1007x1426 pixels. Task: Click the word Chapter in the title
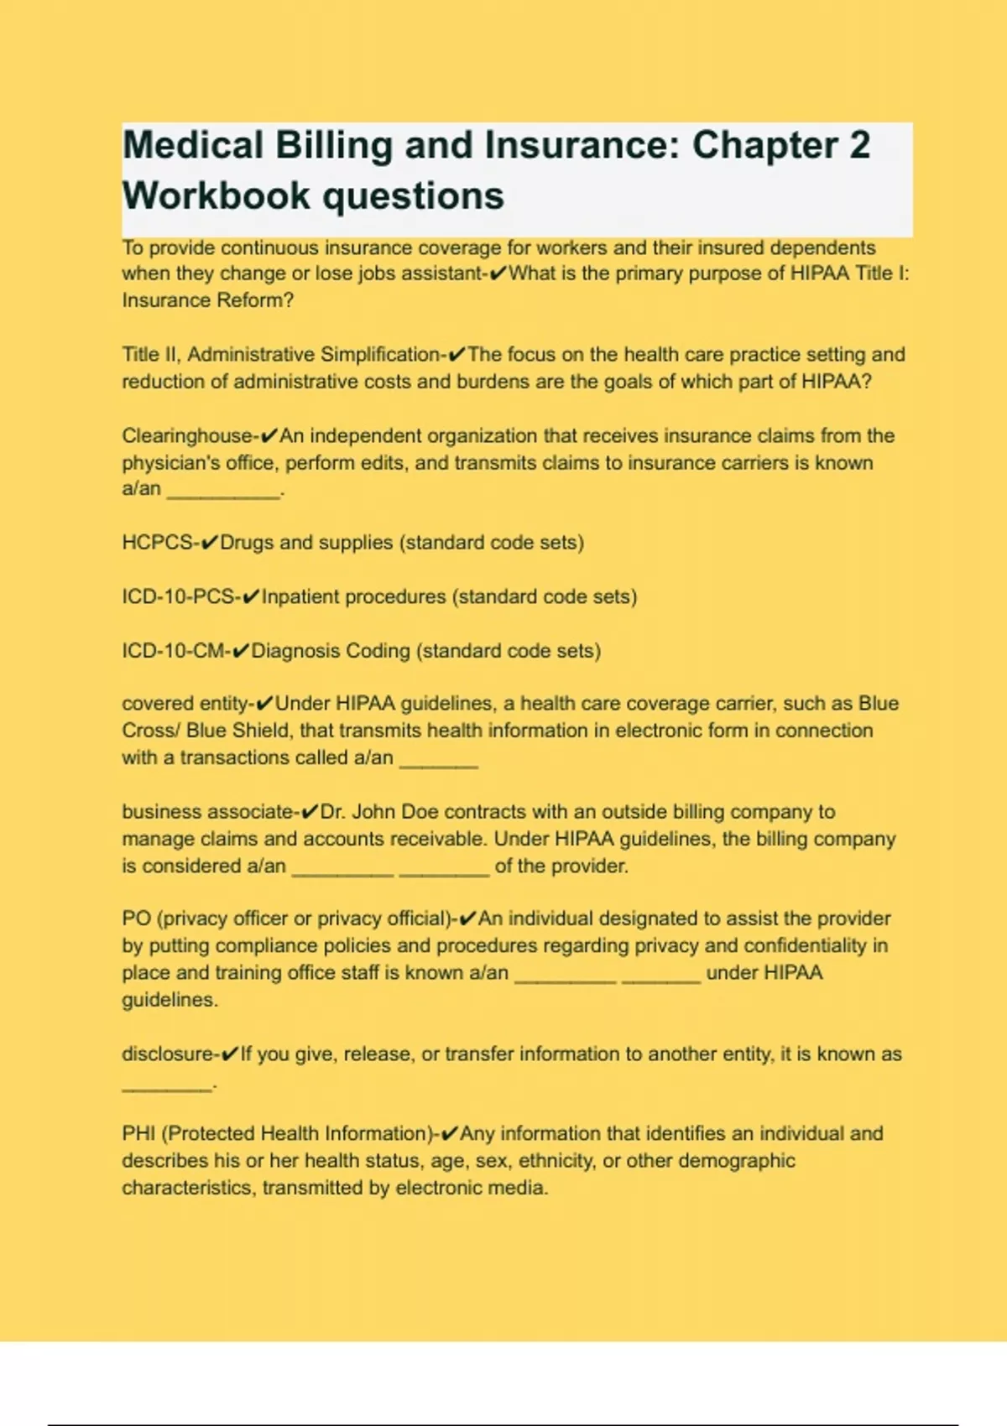point(764,145)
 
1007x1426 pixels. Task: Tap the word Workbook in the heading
point(217,196)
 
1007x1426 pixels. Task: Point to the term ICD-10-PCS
point(178,597)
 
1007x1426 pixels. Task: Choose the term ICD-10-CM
point(173,651)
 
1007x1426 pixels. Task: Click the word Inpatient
point(300,597)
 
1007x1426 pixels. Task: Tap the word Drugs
point(247,543)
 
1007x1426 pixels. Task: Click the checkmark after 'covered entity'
point(264,704)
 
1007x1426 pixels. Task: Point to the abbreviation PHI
point(138,1134)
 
